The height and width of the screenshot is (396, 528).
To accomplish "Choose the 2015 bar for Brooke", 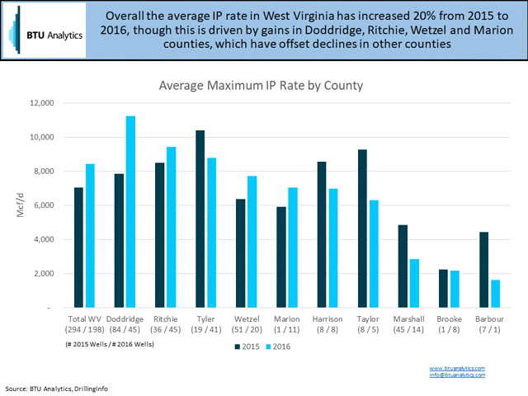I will [444, 288].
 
